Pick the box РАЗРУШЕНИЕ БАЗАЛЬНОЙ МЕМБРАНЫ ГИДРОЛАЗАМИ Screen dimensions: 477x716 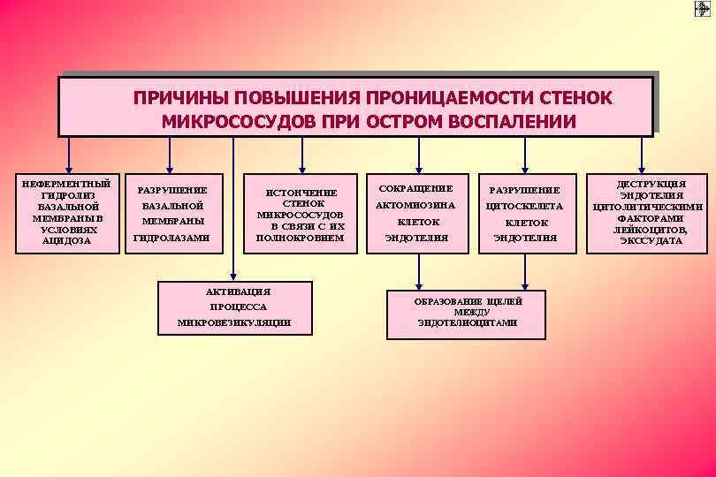[x=171, y=213]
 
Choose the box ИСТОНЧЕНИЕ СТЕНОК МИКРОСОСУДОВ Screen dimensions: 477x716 [x=300, y=213]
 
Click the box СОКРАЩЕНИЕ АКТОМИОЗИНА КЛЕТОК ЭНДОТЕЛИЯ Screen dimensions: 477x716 [x=415, y=213]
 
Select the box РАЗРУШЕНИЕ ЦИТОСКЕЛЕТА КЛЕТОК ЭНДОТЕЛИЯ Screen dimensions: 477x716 [x=526, y=213]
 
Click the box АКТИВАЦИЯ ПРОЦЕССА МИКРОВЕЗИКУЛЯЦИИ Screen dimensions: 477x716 [x=234, y=307]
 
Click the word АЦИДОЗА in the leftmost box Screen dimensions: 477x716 [x=67, y=240]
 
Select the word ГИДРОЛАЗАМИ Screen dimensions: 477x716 [x=171, y=238]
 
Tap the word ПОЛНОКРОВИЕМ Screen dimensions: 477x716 [x=300, y=238]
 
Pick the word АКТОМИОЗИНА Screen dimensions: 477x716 [x=415, y=205]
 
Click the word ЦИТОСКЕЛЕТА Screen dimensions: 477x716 [x=526, y=206]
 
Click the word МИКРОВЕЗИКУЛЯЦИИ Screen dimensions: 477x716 [x=234, y=322]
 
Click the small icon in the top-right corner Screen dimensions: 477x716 [x=702, y=8]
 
